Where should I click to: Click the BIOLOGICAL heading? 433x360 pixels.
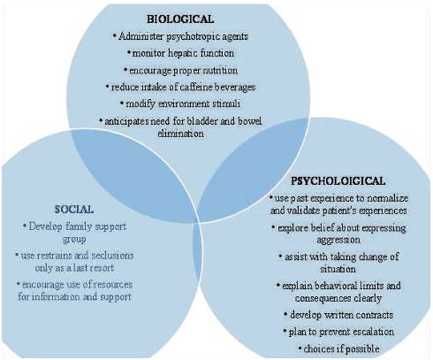(x=180, y=19)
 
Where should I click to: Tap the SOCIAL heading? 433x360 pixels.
(x=74, y=210)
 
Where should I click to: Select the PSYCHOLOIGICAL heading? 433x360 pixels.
(x=338, y=180)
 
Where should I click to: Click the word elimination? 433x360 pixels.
(x=180, y=134)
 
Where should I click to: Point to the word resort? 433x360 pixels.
(x=102, y=268)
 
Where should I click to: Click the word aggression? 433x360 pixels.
(x=338, y=240)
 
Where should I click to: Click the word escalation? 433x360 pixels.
(x=374, y=332)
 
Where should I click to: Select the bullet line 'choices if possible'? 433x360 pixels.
(x=338, y=349)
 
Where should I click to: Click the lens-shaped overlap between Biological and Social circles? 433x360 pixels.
(x=133, y=175)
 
